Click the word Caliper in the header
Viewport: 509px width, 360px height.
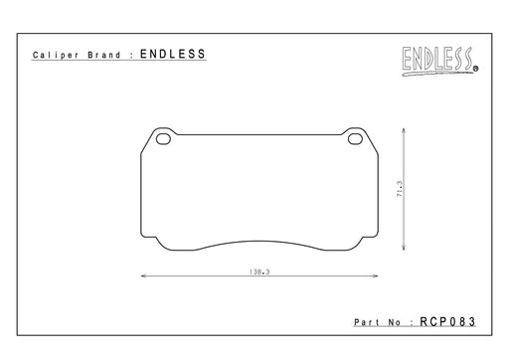pyautogui.click(x=56, y=55)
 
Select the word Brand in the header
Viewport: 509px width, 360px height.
pyautogui.click(x=104, y=55)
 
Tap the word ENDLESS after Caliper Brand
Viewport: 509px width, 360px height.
pyautogui.click(x=173, y=54)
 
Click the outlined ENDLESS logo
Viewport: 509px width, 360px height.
pyautogui.click(x=437, y=61)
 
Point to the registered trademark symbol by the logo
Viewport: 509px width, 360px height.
pyautogui.click(x=476, y=69)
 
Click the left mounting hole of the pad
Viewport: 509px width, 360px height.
pyautogui.click(x=163, y=139)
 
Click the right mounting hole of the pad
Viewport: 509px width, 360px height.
pyautogui.click(x=355, y=139)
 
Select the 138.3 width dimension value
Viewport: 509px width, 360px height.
pyautogui.click(x=259, y=272)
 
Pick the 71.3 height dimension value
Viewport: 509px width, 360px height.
pyautogui.click(x=400, y=189)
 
